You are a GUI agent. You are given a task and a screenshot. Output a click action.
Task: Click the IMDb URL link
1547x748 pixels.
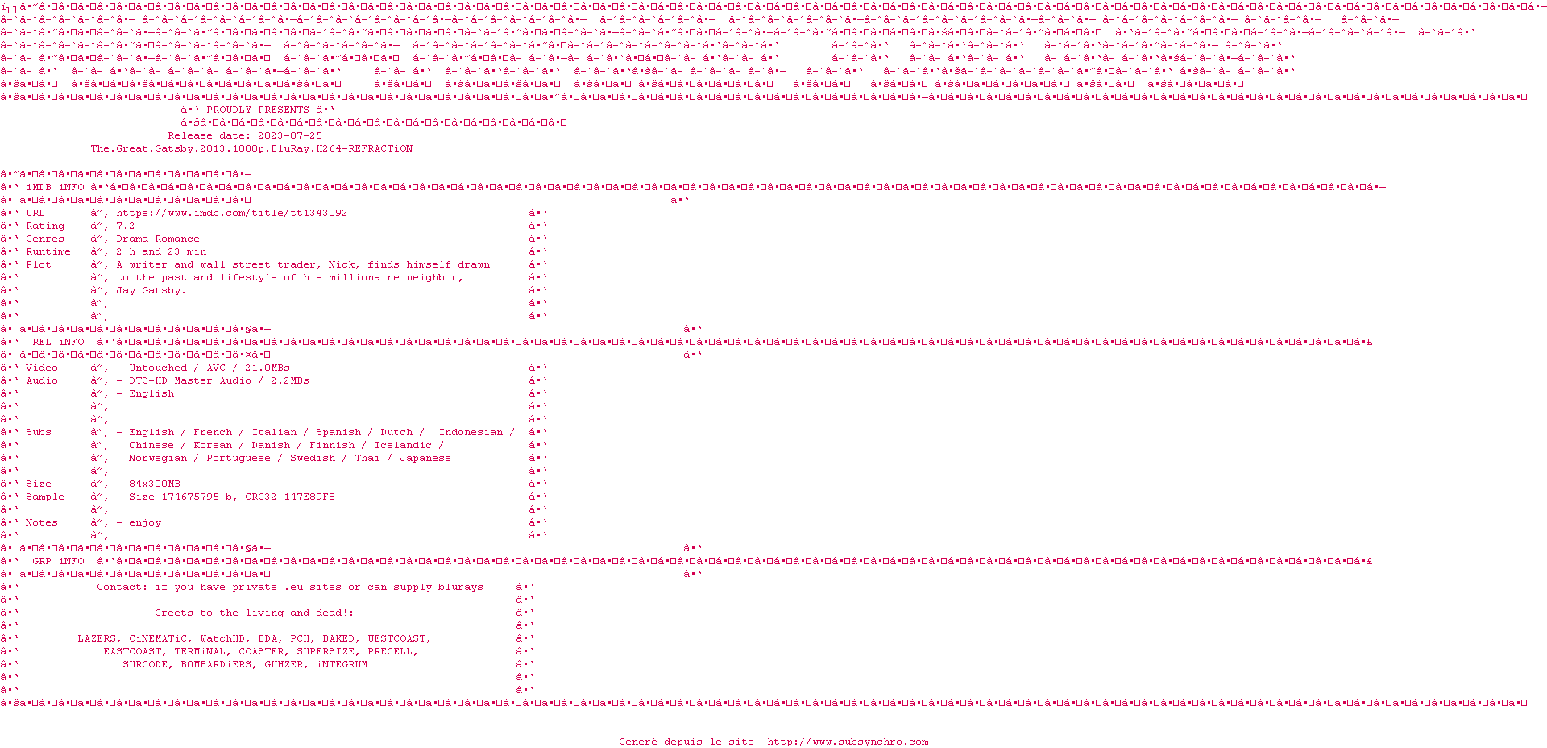[232, 214]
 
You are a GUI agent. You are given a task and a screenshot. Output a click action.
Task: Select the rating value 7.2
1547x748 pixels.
[126, 226]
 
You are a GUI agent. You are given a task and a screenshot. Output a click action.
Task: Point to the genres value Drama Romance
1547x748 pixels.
[158, 239]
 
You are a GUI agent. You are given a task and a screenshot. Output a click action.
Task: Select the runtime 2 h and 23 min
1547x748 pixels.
[161, 252]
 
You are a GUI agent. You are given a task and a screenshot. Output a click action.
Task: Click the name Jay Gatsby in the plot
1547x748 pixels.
[150, 291]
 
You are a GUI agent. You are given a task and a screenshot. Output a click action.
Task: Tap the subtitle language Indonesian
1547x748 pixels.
[471, 433]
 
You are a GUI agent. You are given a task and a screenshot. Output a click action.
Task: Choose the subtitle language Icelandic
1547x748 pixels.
[403, 446]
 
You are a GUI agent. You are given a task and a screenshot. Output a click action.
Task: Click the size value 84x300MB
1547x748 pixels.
[155, 484]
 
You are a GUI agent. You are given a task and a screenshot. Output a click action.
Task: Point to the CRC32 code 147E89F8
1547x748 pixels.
[309, 497]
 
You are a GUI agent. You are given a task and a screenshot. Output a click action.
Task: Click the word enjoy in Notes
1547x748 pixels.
[145, 523]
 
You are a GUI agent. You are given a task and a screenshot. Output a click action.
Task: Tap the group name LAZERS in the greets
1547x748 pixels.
[97, 639]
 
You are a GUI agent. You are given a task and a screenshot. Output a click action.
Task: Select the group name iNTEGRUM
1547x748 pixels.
[342, 665]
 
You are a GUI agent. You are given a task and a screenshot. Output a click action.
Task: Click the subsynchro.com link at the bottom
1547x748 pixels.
[848, 742]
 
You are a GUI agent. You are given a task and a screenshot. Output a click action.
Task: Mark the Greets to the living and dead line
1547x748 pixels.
[255, 613]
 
